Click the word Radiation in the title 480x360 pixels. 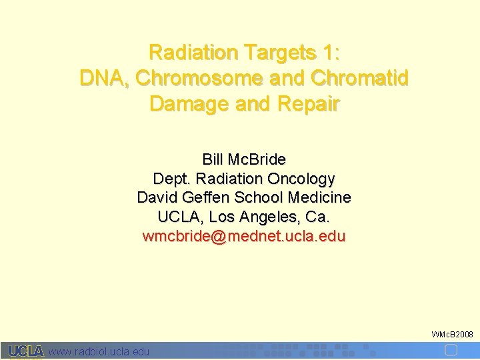[194, 52]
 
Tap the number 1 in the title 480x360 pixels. [325, 52]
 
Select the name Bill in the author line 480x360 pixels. [213, 160]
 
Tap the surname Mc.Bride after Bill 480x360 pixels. [257, 160]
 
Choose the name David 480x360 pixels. [156, 198]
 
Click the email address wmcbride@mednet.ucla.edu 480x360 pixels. [244, 237]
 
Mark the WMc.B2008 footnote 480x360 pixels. [452, 333]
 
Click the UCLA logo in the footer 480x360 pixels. [26, 351]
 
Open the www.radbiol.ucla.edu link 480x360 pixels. [99, 352]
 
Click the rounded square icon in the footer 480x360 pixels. [451, 351]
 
